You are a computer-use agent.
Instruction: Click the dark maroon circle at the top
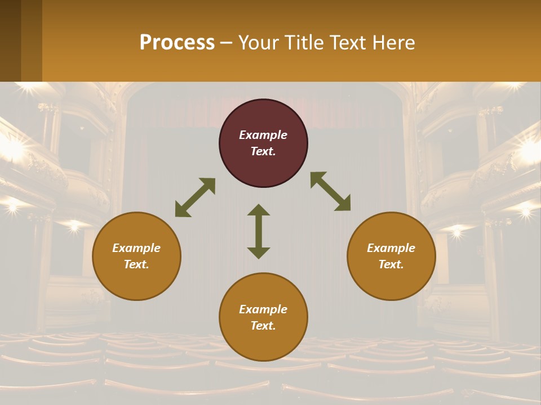263,143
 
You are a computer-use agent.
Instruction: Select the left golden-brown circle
136,256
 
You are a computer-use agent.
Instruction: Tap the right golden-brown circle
391,256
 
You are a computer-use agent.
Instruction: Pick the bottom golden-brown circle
263,317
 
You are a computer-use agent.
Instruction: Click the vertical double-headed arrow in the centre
259,231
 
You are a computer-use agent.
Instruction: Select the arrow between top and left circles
195,197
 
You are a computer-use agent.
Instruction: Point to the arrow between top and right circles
331,191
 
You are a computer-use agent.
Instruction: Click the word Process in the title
177,42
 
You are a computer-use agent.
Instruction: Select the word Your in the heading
258,42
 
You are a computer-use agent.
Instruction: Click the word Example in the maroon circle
263,135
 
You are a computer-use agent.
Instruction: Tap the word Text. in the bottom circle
263,326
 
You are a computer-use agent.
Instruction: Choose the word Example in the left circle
136,248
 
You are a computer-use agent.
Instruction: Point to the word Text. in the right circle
391,264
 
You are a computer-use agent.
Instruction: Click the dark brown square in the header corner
10,40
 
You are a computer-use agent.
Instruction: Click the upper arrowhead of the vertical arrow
259,210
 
